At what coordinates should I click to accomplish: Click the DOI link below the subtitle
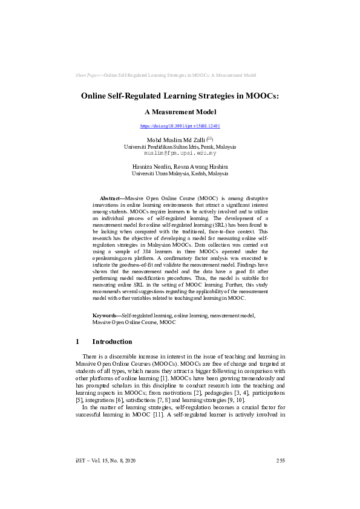pos(180,126)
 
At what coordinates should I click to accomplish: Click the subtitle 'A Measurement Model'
pos(180,112)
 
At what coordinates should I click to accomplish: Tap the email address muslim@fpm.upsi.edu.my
pos(180,154)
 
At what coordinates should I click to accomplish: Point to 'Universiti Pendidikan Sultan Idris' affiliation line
pos(180,147)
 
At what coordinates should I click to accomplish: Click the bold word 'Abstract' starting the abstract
pos(110,198)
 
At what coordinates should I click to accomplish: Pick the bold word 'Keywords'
pos(105,316)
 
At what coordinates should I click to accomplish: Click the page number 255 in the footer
pos(280,461)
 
